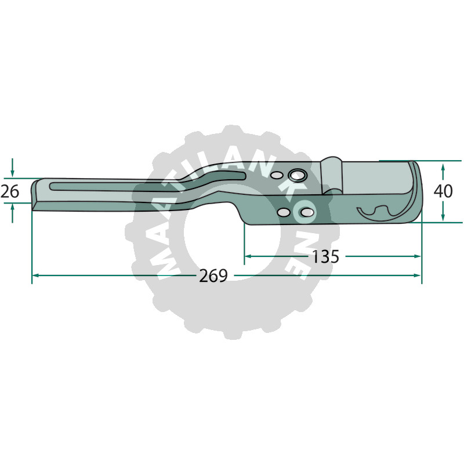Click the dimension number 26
10,191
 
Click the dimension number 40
443,191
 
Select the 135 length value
325,256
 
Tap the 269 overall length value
213,276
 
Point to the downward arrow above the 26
12,168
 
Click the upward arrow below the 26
12,213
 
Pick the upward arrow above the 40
443,172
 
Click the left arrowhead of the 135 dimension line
249,256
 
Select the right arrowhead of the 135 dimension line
416,256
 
